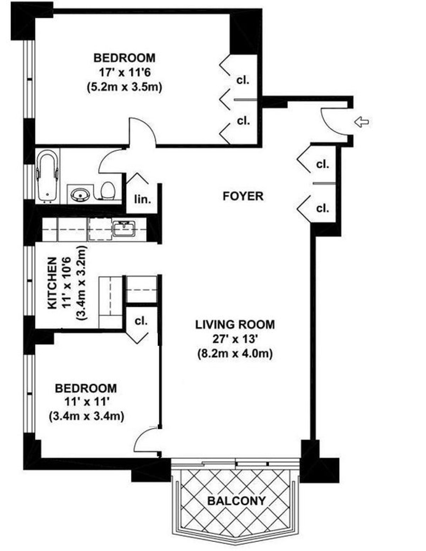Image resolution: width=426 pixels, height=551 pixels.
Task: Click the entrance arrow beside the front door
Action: coord(361,122)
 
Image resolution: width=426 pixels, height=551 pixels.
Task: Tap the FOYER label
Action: coord(243,196)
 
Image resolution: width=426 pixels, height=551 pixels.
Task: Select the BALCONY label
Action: coord(236,501)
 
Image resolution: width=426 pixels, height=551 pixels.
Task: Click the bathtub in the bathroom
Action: coord(47,175)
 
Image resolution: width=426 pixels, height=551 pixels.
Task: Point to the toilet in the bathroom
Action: coord(108,190)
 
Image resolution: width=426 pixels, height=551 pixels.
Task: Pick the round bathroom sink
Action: coord(80,194)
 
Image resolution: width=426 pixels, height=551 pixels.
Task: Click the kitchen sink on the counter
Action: coord(124,228)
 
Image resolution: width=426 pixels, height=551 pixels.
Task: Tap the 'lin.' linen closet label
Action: coord(142,199)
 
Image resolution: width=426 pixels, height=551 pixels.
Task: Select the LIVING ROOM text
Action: coord(235,324)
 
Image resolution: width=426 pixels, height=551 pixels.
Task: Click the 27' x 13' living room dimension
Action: coord(235,339)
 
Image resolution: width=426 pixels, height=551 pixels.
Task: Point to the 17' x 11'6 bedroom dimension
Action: coord(124,72)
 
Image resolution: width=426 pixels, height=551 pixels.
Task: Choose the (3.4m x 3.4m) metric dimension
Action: coord(86,416)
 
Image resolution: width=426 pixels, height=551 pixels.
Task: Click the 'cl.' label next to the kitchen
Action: coord(141,321)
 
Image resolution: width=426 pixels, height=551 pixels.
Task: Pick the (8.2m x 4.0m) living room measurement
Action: coord(235,354)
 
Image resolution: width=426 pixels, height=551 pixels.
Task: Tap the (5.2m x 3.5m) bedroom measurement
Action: coord(124,87)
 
